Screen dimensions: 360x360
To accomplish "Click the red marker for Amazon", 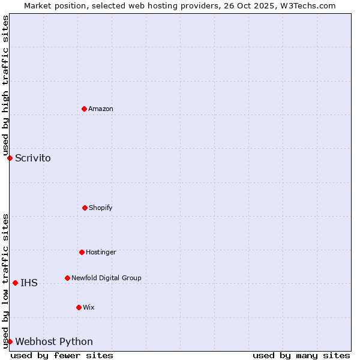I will pyautogui.click(x=84, y=109).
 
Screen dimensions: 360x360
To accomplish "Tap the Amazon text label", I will pyautogui.click(x=101, y=109).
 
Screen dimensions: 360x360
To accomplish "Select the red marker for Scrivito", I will pyautogui.click(x=10, y=158).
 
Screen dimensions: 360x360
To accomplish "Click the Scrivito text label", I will pyautogui.click(x=33, y=158).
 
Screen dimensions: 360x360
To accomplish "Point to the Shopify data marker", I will pyautogui.click(x=85, y=208).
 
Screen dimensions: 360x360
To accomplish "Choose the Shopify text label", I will pyautogui.click(x=101, y=208).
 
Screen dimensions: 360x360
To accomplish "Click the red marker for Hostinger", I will pyautogui.click(x=82, y=252).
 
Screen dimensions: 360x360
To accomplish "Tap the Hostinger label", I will pyautogui.click(x=101, y=252).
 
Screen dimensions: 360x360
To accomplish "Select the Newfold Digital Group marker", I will pyautogui.click(x=67, y=278).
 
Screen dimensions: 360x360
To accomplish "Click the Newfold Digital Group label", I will pyautogui.click(x=106, y=278).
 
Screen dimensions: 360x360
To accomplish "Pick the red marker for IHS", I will pyautogui.click(x=15, y=283).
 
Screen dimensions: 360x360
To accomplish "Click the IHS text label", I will pyautogui.click(x=29, y=283).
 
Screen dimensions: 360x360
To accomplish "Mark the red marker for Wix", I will pyautogui.click(x=79, y=307).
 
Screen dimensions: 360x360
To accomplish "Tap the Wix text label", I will pyautogui.click(x=89, y=307).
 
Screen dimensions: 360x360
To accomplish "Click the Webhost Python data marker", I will pyautogui.click(x=10, y=341).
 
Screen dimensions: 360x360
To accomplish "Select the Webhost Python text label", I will pyautogui.click(x=54, y=342).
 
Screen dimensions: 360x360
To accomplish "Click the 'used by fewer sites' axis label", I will pyautogui.click(x=62, y=355).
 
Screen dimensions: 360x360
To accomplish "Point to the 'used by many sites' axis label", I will pyautogui.click(x=301, y=355).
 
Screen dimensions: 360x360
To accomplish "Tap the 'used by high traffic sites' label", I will pyautogui.click(x=5, y=85).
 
